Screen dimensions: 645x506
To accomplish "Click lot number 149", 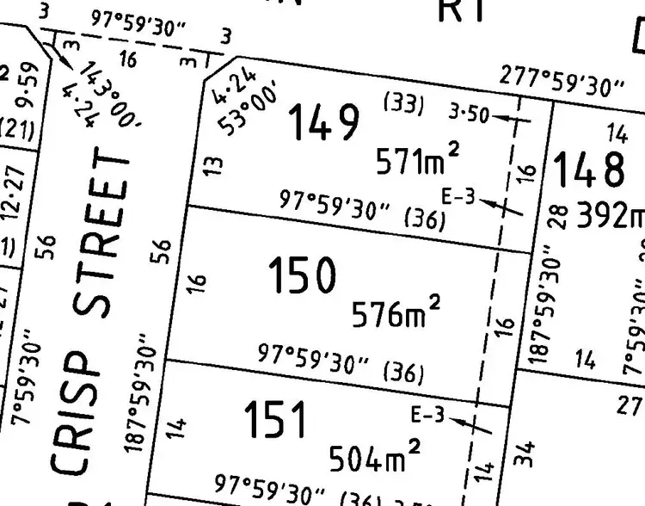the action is pyautogui.click(x=322, y=122).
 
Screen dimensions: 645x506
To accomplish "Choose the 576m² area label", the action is pyautogui.click(x=396, y=312).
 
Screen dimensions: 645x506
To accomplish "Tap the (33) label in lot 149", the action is pyautogui.click(x=403, y=105).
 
